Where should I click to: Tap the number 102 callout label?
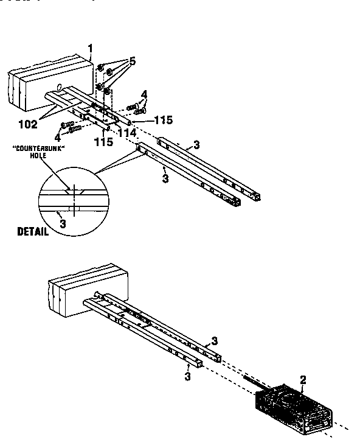pyautogui.click(x=27, y=124)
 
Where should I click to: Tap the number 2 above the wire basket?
pyautogui.click(x=303, y=379)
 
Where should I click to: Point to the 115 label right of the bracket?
pyautogui.click(x=163, y=121)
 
